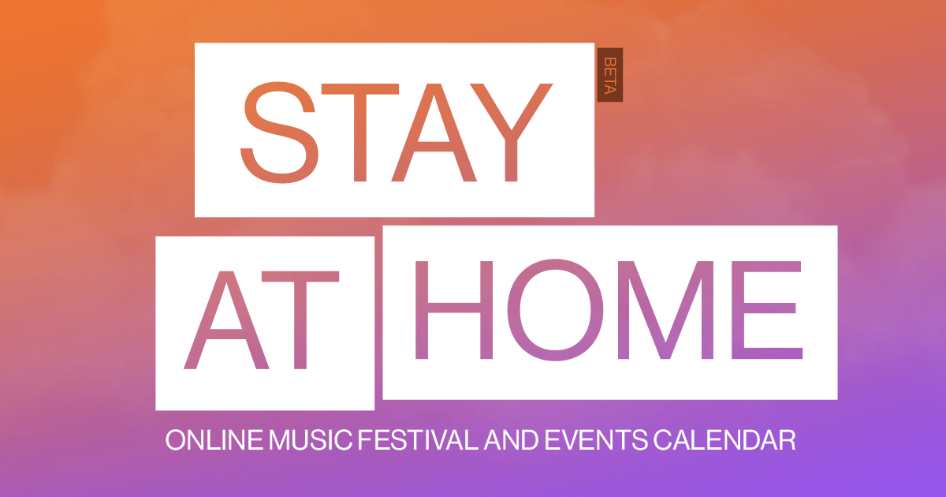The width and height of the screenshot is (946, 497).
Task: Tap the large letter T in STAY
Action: tap(359, 133)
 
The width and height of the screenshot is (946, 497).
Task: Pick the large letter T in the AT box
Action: tap(300, 321)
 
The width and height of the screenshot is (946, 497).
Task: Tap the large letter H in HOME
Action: tap(454, 311)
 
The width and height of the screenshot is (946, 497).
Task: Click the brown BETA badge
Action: tap(610, 75)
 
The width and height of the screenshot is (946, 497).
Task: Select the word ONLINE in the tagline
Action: tap(214, 440)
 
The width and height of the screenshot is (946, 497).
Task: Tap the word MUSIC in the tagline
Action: tap(311, 440)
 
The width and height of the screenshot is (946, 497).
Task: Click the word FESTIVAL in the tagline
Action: tap(418, 440)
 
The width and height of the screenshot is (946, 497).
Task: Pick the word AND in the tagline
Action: tap(512, 440)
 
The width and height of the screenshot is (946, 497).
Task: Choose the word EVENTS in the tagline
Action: tap(596, 440)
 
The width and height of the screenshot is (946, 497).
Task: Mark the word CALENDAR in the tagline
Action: tap(724, 440)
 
